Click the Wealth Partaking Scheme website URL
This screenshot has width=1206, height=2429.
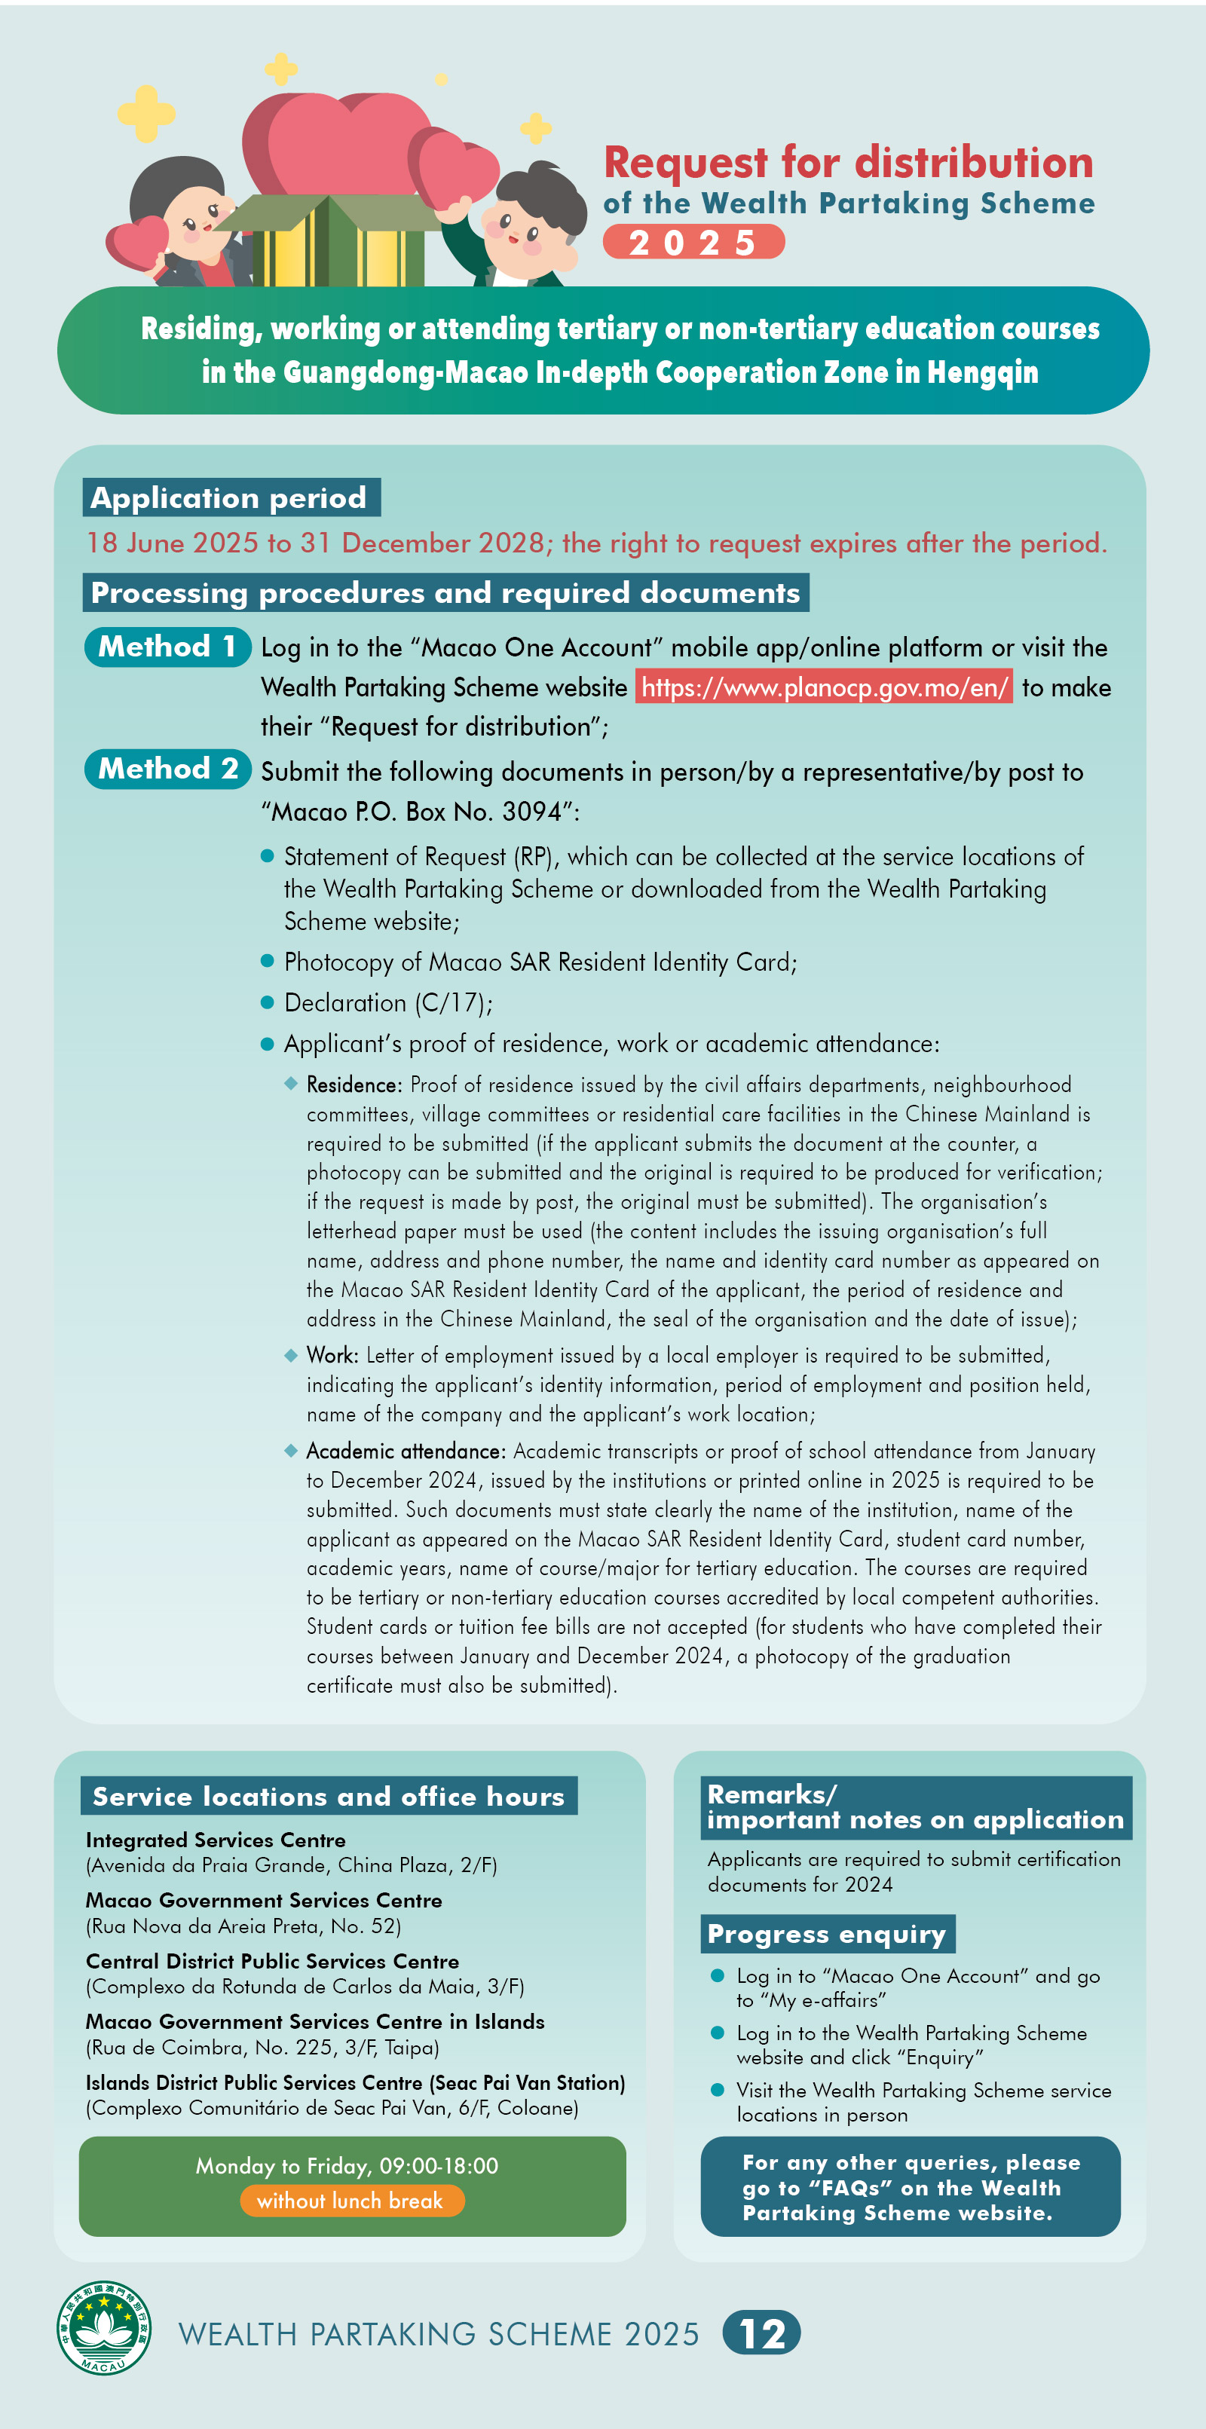point(824,687)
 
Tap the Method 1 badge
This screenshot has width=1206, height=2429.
point(167,647)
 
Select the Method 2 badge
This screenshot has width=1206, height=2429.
point(167,769)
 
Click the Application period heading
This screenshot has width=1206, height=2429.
point(231,498)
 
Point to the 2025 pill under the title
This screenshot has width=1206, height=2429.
point(693,243)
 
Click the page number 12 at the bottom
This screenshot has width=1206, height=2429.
point(762,2334)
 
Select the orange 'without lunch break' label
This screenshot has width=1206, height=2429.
point(350,2201)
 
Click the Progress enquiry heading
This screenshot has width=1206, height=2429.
point(827,1934)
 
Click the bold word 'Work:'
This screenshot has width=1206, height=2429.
point(332,1355)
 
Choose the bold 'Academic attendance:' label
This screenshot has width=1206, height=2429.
point(406,1452)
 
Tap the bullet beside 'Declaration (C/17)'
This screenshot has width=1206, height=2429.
point(267,1002)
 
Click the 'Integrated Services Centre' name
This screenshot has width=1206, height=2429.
point(216,1840)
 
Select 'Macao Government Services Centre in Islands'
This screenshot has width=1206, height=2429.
point(315,2021)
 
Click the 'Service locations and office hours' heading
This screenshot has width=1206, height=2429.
point(328,1796)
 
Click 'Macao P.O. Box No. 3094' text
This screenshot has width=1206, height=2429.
point(417,812)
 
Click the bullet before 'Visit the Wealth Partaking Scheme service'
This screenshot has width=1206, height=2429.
point(718,2091)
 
